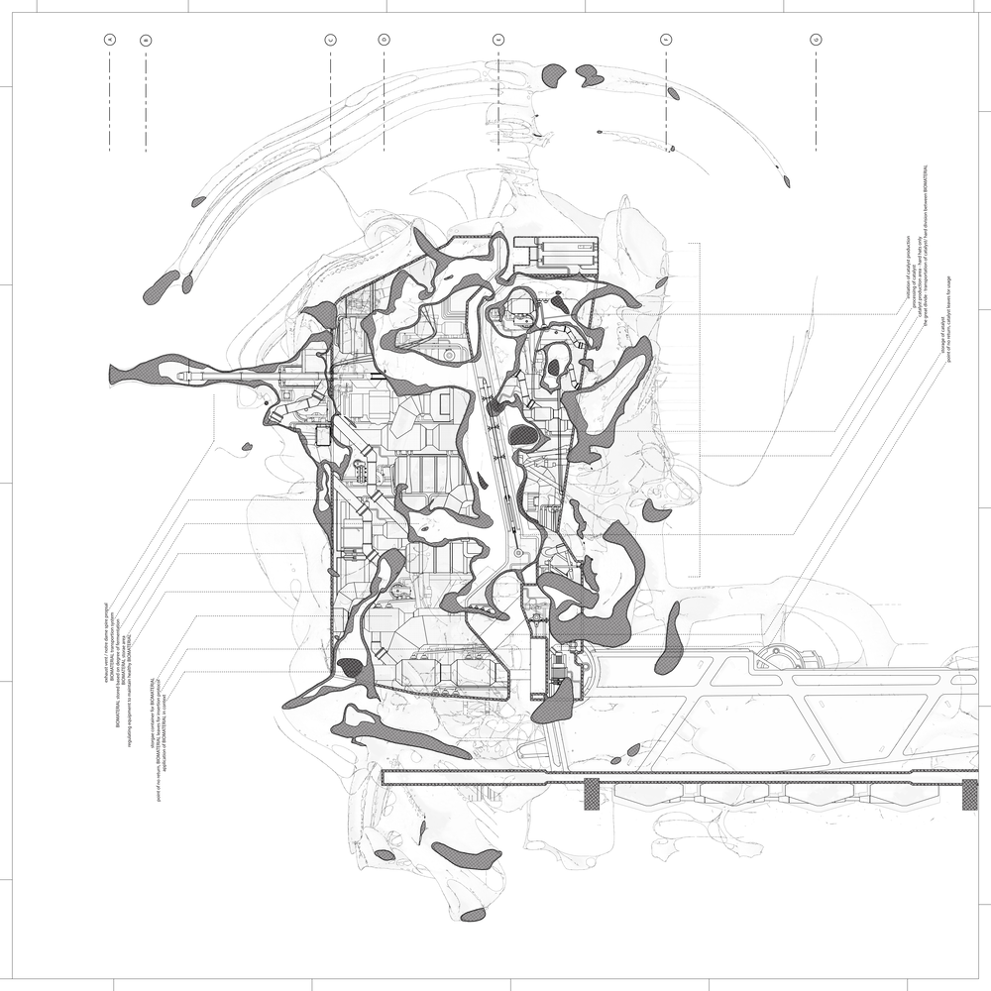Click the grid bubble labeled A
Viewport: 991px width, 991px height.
[x=110, y=40]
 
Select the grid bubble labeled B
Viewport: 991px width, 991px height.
[x=146, y=40]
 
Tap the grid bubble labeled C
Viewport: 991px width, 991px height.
[x=330, y=40]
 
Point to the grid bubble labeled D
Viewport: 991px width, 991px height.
[x=384, y=40]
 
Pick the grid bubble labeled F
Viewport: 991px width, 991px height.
[x=666, y=40]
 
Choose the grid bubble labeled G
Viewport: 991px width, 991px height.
[x=816, y=40]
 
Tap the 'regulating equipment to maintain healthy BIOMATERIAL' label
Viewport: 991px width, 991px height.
[x=130, y=694]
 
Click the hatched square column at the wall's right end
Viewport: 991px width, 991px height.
[x=971, y=795]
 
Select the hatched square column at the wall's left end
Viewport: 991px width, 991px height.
[x=592, y=795]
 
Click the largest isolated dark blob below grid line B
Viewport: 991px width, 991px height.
[x=161, y=286]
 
